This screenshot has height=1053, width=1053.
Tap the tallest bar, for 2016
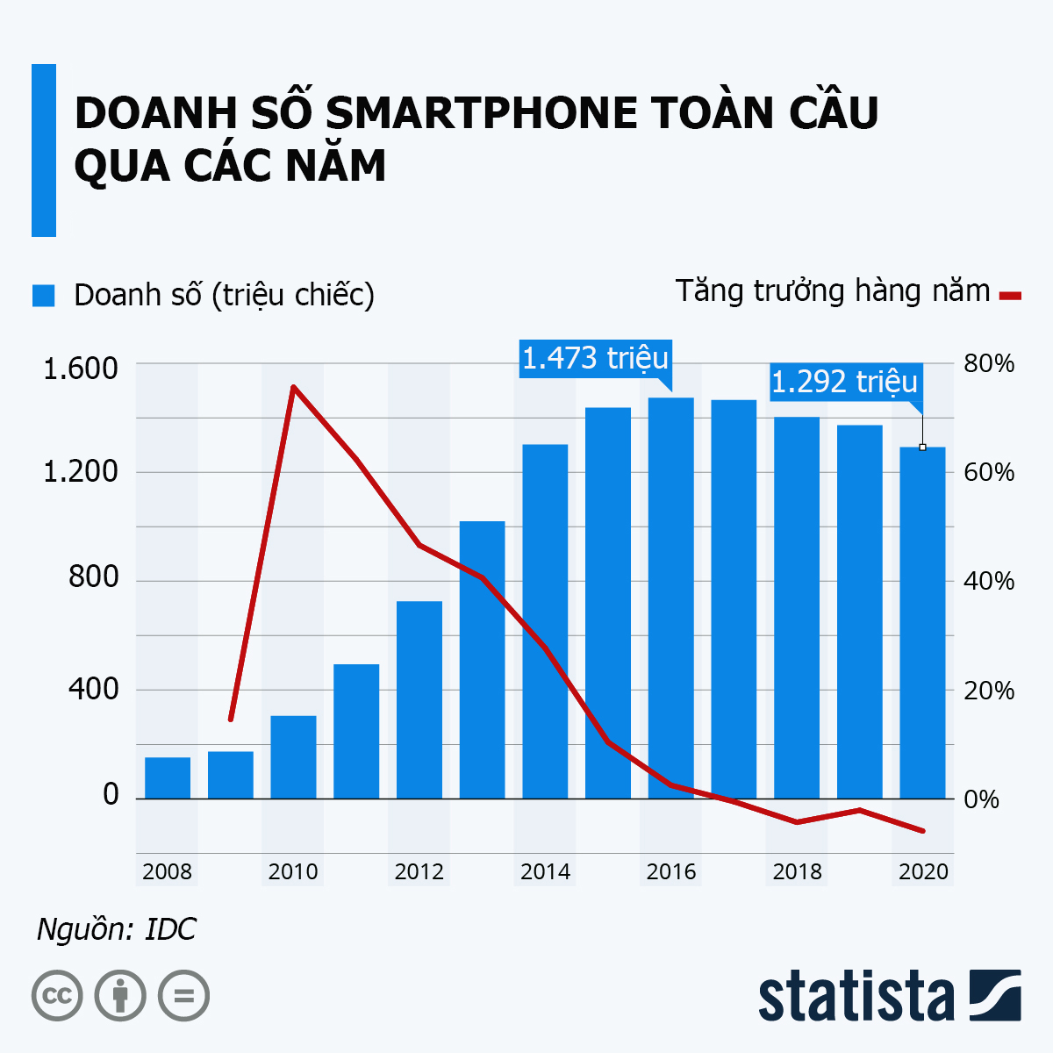[671, 598]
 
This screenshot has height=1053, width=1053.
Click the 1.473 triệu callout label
[595, 358]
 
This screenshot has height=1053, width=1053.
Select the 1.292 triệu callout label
[844, 382]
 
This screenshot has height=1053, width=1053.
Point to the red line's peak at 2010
[293, 386]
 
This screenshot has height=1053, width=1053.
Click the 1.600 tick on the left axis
[80, 367]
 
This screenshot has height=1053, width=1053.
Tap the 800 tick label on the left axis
[92, 577]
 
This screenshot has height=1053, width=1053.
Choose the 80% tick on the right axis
[988, 364]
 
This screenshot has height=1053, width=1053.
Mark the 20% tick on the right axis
[988, 691]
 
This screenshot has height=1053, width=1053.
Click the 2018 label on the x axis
[797, 871]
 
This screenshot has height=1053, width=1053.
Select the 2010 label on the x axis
[293, 871]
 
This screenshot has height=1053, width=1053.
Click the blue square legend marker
[43, 295]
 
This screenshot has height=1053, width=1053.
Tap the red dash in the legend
[1010, 296]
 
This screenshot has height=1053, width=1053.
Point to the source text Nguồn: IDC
[117, 929]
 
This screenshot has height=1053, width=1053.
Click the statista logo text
[856, 997]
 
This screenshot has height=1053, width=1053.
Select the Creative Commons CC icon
[57, 996]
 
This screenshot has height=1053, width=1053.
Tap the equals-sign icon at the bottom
[183, 996]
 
